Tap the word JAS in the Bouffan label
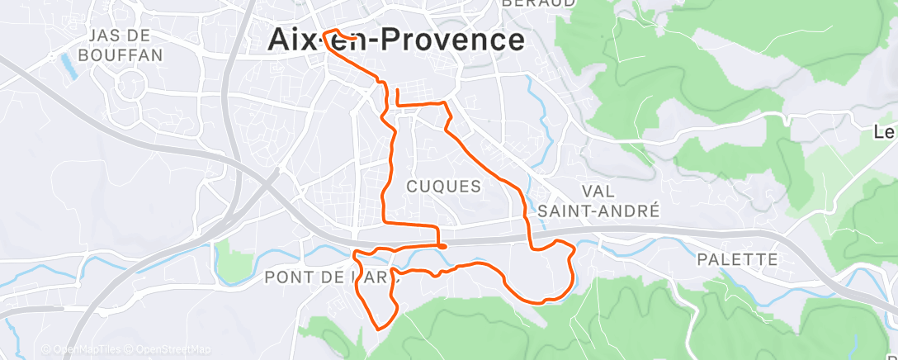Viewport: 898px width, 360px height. [x=110, y=35]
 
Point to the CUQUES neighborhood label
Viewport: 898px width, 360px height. [x=444, y=187]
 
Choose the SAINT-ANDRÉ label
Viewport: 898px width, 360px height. [x=598, y=211]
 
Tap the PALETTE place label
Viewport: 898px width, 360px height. [x=737, y=259]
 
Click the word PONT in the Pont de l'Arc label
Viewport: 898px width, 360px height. [x=287, y=277]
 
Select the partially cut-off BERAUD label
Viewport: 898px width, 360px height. [x=538, y=3]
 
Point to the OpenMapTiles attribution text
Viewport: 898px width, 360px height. [x=88, y=350]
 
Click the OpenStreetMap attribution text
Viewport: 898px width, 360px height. [x=172, y=350]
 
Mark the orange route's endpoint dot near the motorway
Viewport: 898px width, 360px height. [x=443, y=245]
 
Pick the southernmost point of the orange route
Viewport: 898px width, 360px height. [x=379, y=329]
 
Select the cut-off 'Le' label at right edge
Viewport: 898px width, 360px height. [x=885, y=132]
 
